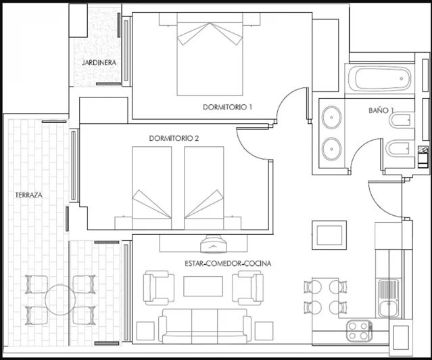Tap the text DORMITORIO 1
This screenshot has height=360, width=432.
click(227, 107)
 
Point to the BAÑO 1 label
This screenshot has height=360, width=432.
click(381, 110)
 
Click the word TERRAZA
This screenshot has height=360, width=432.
click(29, 195)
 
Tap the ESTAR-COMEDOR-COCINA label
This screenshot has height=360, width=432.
click(228, 263)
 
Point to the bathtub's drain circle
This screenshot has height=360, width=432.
click(402, 79)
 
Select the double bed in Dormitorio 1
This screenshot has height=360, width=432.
click(210, 58)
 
